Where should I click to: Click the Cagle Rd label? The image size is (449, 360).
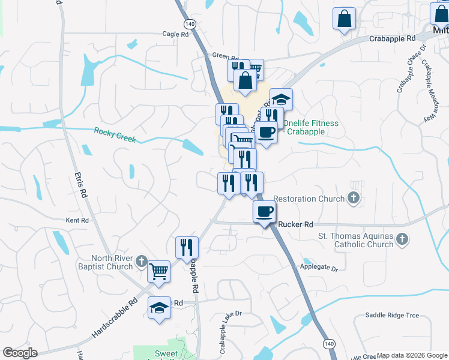[x=175, y=34]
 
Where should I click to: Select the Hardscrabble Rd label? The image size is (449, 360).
[x=119, y=316]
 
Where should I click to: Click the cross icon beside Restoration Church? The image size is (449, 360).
[x=354, y=199]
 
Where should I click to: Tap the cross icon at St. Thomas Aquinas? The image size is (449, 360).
[x=402, y=240]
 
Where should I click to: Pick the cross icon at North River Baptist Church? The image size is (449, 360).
[x=141, y=261]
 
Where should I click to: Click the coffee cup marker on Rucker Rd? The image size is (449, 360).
[x=265, y=211]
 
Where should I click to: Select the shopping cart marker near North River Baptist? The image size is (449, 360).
[x=159, y=271]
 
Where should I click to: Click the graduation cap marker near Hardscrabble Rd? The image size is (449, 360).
[x=159, y=308]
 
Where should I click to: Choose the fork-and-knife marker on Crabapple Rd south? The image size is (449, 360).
[x=187, y=247]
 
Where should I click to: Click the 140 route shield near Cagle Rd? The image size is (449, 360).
[x=190, y=23]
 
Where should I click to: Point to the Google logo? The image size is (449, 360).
[x=20, y=353]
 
